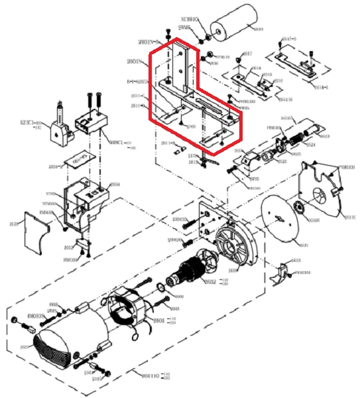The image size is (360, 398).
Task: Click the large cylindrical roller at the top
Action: click(x=236, y=29)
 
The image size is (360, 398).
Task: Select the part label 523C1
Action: click(x=29, y=122)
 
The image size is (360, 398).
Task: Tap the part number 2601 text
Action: click(x=158, y=320)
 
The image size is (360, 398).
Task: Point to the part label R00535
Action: click(x=34, y=317)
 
